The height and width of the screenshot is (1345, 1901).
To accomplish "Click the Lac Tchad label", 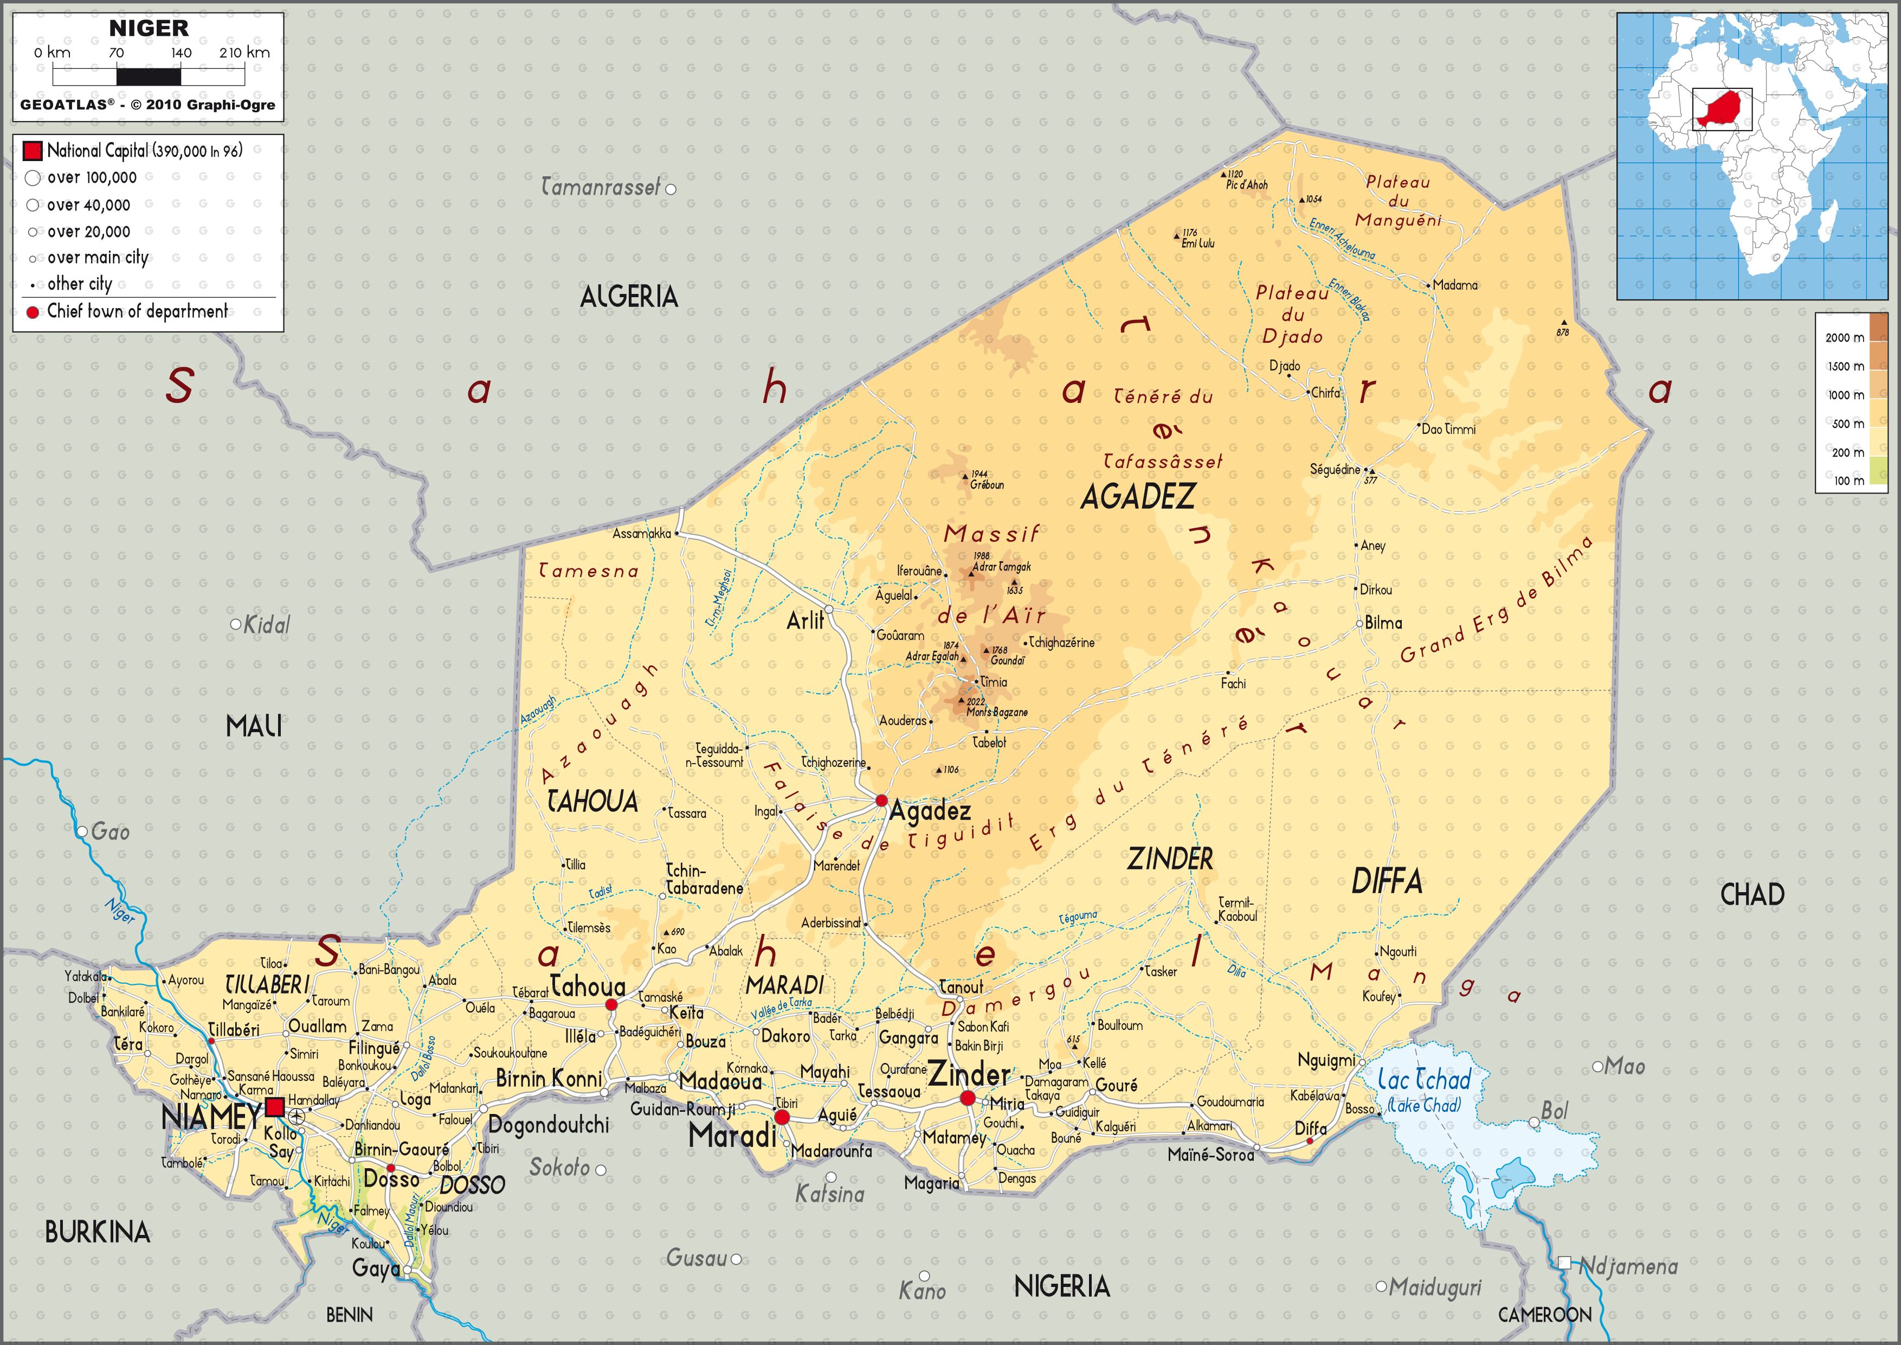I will [x=1424, y=1079].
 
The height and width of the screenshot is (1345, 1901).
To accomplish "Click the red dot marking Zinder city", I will [x=967, y=1098].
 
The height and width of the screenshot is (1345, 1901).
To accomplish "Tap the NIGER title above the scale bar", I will [x=149, y=28].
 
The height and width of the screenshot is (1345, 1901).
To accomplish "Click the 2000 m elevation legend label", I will [x=1845, y=337].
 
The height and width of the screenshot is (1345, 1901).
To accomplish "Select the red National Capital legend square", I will [x=33, y=151].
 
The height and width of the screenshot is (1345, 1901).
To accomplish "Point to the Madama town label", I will [x=1455, y=285].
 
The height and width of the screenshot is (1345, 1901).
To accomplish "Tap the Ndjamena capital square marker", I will [x=1564, y=1263].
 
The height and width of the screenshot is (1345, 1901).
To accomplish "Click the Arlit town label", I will [x=805, y=620].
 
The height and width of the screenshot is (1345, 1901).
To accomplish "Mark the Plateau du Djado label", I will [x=1292, y=315].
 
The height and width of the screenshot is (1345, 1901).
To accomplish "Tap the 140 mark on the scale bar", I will [x=182, y=53].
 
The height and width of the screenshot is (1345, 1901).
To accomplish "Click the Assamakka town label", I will [x=642, y=533].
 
